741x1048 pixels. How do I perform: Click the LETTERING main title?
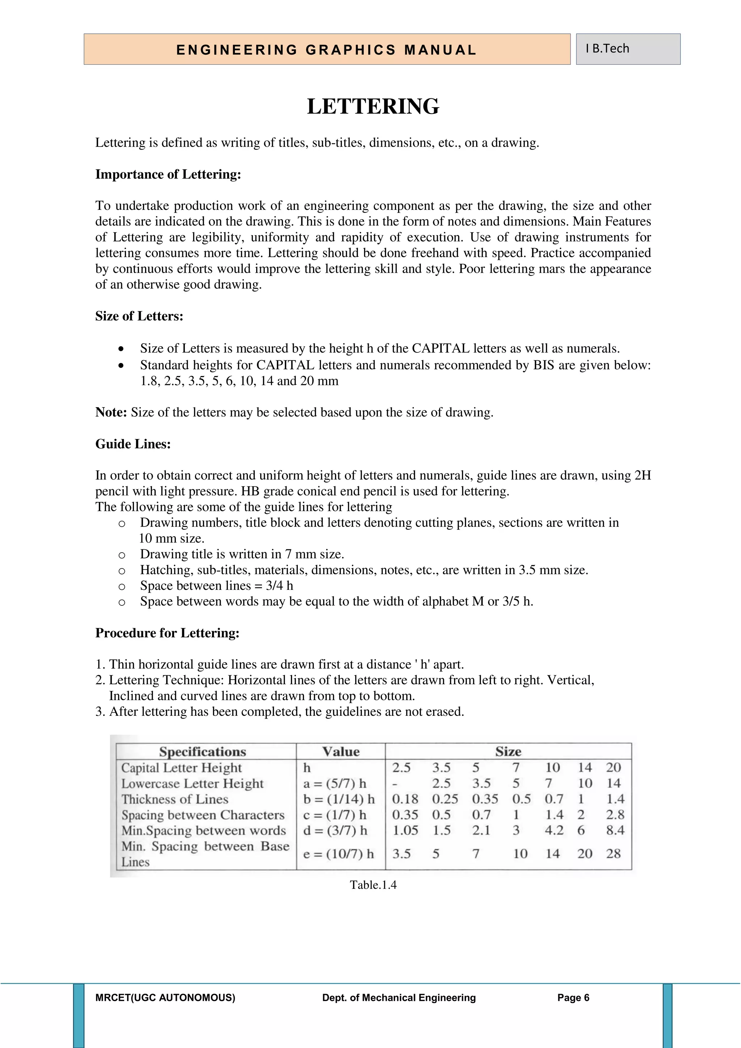(x=373, y=106)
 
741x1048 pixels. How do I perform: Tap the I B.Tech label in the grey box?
(x=607, y=48)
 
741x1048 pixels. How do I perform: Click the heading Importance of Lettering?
(x=168, y=174)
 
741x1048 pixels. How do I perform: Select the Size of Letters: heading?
(x=139, y=316)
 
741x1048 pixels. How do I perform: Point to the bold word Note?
(x=111, y=412)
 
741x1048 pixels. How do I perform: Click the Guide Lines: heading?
(x=133, y=444)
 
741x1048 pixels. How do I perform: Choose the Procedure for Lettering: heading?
(x=167, y=633)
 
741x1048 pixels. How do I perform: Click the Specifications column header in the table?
(x=203, y=751)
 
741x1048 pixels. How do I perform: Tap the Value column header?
(x=340, y=751)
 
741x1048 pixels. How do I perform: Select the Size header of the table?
(x=508, y=751)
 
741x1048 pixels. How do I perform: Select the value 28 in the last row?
(x=613, y=854)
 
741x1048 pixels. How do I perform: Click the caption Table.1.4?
(x=373, y=885)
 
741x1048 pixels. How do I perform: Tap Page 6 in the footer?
(x=573, y=998)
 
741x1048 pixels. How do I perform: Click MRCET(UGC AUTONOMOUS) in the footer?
(x=165, y=998)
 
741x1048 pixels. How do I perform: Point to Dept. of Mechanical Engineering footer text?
(x=399, y=998)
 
